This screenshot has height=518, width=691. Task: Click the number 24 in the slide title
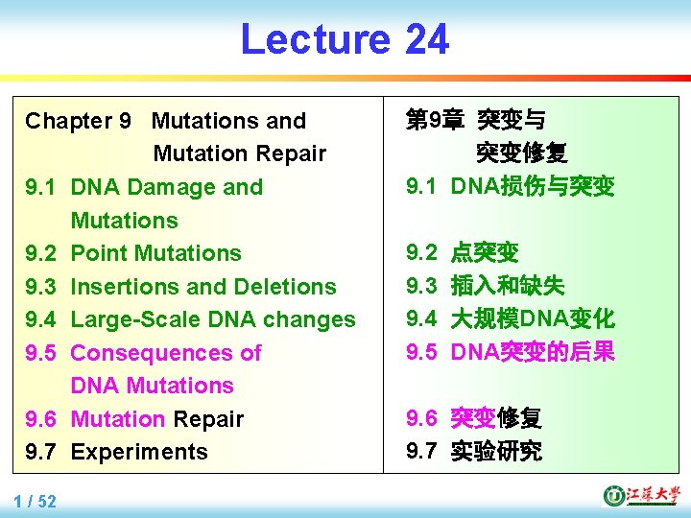click(x=426, y=39)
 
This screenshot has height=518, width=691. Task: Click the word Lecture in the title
click(x=314, y=39)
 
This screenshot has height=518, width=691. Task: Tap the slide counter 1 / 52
click(x=36, y=501)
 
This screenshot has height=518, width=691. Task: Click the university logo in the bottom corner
click(x=639, y=495)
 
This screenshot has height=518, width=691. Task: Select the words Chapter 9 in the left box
click(x=78, y=121)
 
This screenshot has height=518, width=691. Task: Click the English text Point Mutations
click(x=155, y=253)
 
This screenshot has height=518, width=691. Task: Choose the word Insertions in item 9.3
click(x=122, y=287)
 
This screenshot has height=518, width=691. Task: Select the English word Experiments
click(x=139, y=452)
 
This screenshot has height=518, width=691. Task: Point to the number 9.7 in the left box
click(x=40, y=452)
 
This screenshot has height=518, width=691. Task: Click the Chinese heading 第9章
click(x=435, y=121)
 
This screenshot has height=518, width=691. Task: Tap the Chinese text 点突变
click(x=485, y=253)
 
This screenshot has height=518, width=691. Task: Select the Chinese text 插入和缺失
click(x=508, y=286)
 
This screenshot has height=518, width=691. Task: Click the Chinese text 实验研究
click(x=496, y=452)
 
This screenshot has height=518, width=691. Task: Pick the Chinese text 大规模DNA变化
click(x=533, y=318)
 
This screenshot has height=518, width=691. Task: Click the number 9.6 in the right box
click(x=421, y=418)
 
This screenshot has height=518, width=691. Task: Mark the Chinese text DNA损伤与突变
click(x=533, y=186)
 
